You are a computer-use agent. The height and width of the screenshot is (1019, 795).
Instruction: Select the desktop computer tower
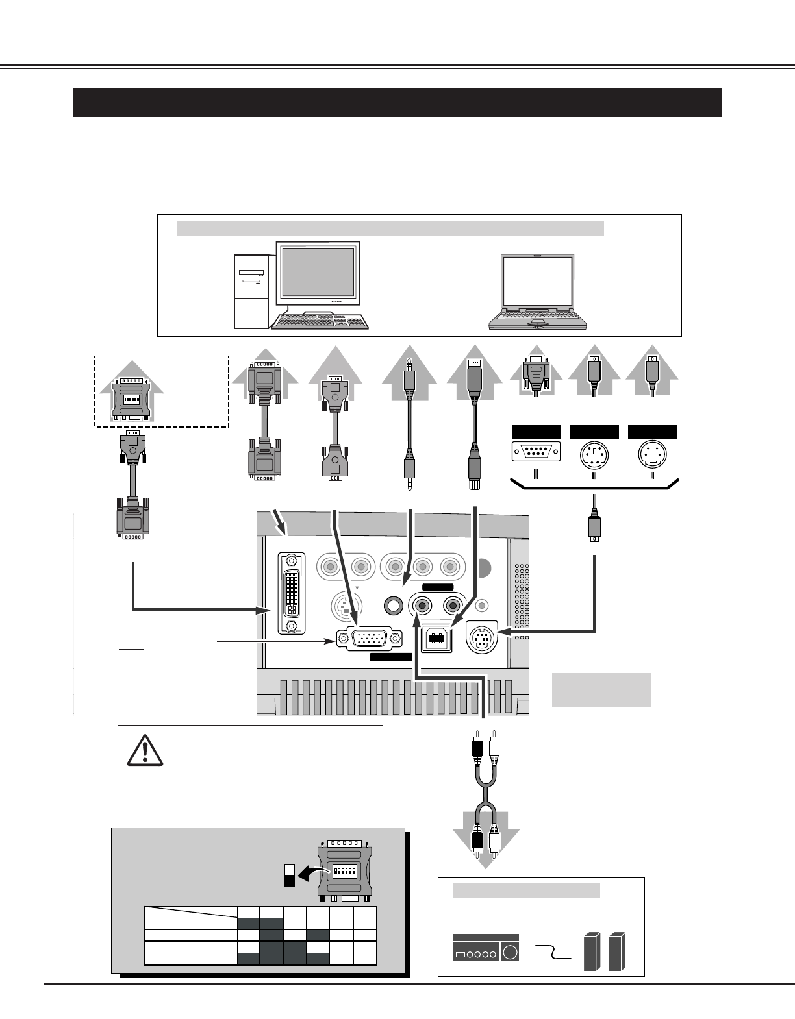(251, 291)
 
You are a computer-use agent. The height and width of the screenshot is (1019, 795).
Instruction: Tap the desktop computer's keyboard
(320, 323)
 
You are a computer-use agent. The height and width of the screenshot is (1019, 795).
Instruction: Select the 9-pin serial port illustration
(536, 450)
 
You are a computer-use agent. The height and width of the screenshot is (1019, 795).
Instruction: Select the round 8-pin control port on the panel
(482, 640)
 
